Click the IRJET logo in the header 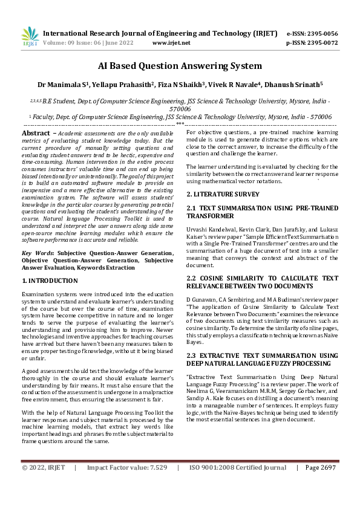click(30, 37)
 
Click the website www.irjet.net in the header click(171, 43)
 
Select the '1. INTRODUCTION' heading click(50, 280)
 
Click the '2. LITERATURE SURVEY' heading click(222, 194)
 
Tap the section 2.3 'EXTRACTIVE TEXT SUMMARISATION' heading click(261, 359)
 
